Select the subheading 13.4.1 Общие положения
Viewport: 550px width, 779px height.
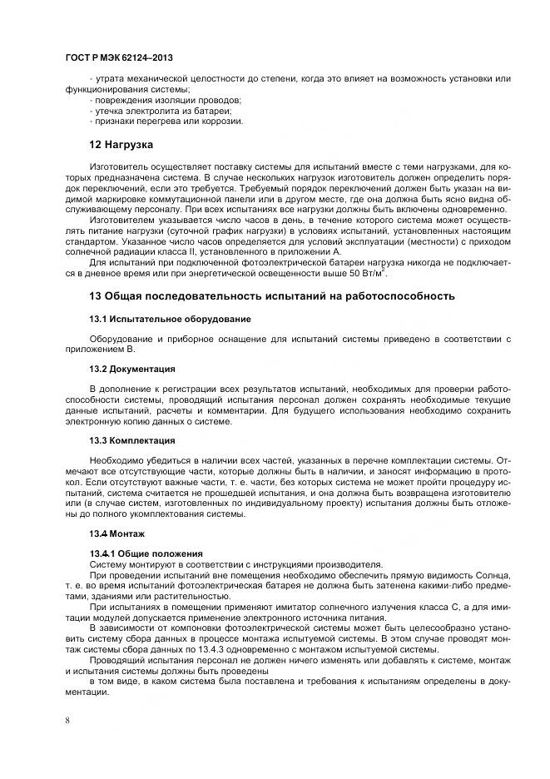tap(146, 553)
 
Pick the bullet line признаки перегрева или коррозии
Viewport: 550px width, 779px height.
tap(154, 122)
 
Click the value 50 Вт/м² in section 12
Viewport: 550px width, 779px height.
tap(368, 273)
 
